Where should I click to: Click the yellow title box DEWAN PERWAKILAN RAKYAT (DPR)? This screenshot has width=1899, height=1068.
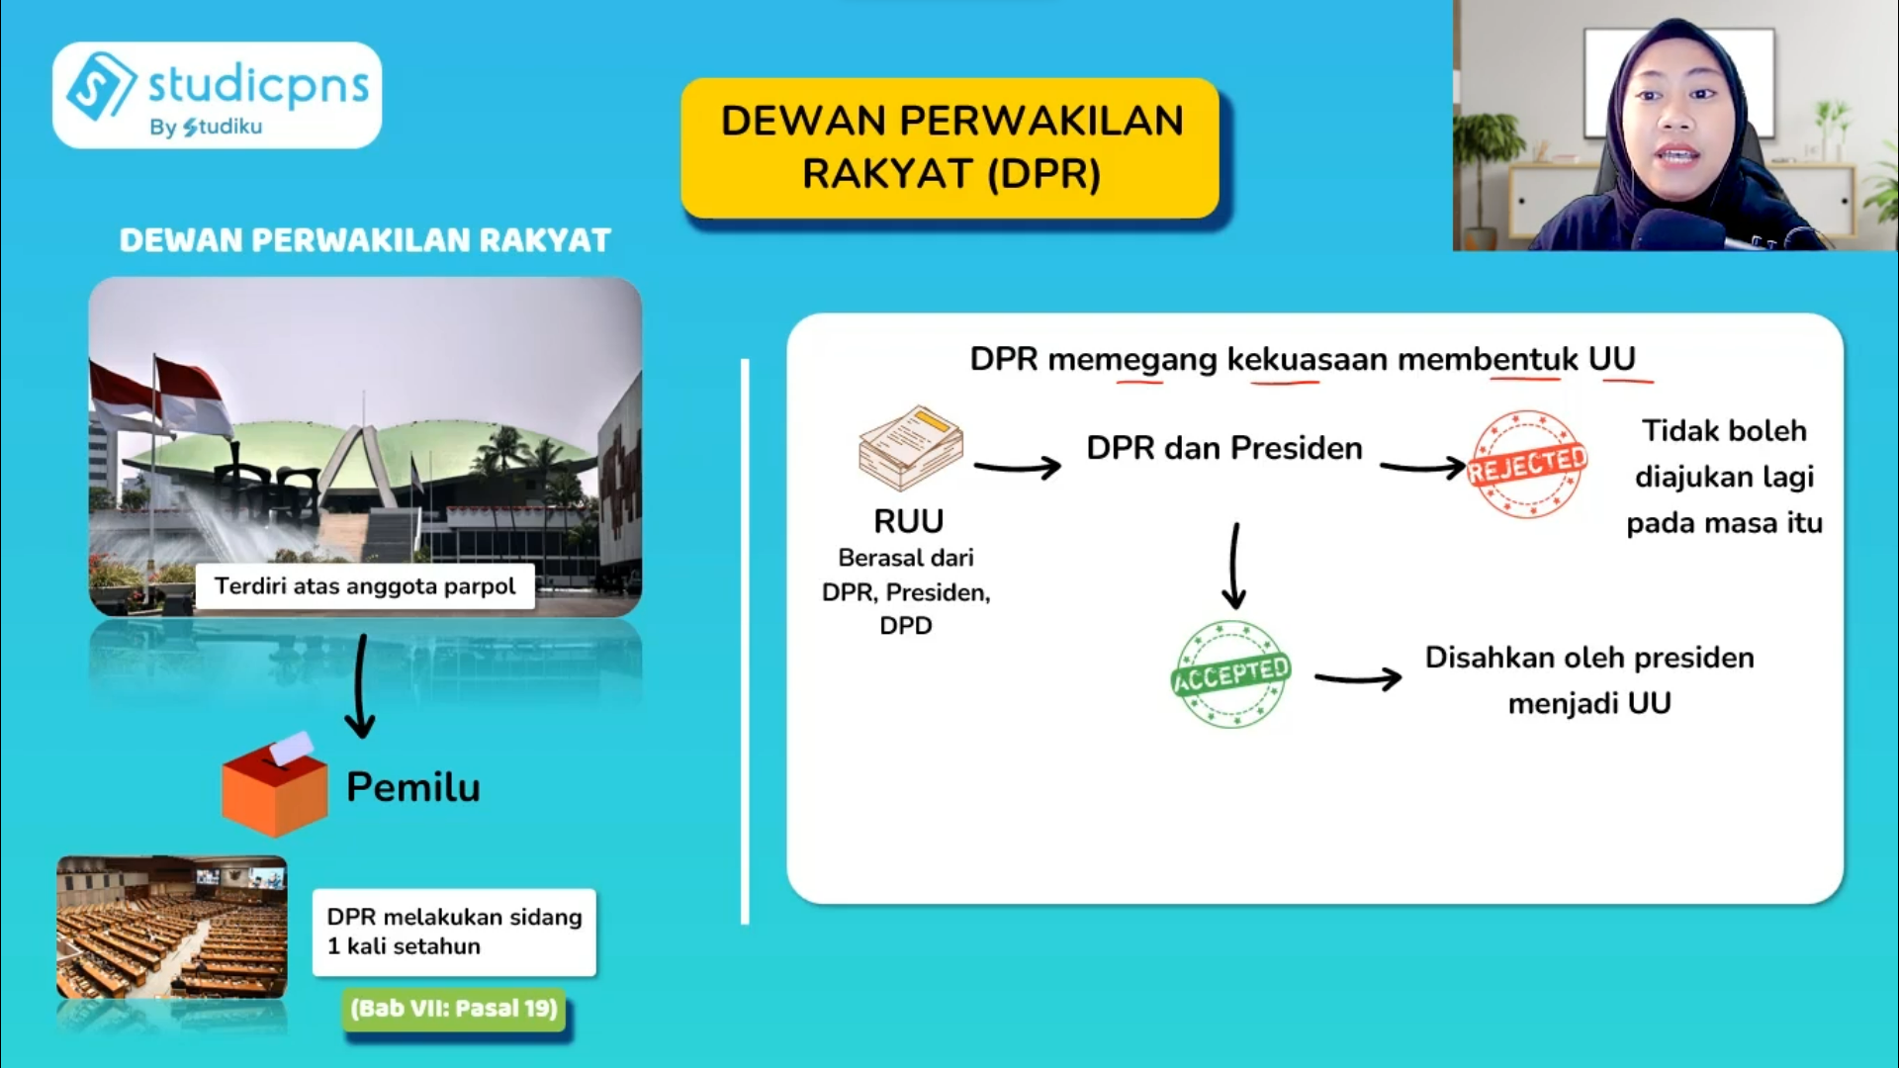[950, 147]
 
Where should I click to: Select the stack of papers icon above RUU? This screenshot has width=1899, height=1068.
[910, 448]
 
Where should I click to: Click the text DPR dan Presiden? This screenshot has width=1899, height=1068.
[1223, 448]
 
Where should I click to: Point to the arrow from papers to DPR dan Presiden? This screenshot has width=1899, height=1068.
[1017, 466]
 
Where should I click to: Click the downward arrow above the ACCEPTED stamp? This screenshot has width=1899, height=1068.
[1233, 566]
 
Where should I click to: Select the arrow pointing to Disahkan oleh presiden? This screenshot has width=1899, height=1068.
[1357, 678]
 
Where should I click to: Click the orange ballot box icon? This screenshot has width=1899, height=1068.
[275, 787]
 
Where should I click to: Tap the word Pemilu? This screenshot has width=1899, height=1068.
[413, 787]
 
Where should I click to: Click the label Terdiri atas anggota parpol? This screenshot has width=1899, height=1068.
[365, 586]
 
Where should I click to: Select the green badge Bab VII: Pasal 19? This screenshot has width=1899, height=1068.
[454, 1009]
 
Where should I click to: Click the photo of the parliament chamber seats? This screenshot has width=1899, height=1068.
[172, 927]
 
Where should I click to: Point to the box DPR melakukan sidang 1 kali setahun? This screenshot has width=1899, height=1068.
[454, 932]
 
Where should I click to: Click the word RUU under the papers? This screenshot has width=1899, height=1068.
[908, 521]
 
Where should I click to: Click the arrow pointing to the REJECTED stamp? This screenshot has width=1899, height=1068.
[1421, 467]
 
